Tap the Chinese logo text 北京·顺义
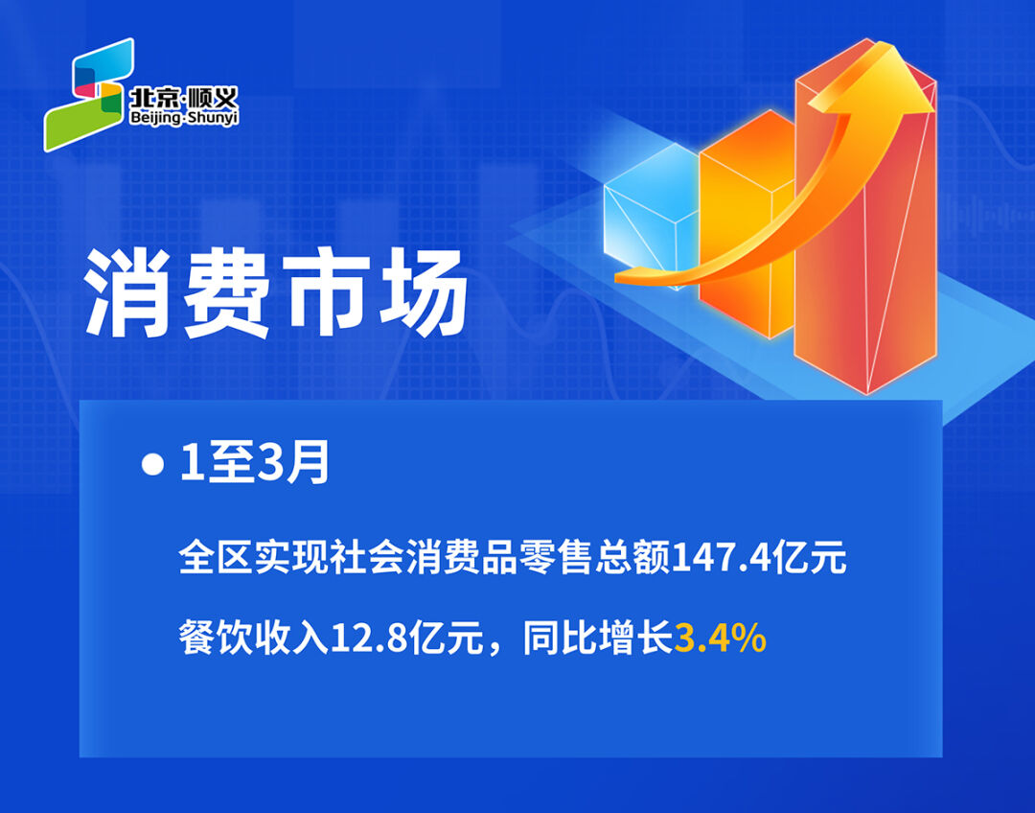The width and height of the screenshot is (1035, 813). (183, 99)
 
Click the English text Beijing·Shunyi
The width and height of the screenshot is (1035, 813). (184, 118)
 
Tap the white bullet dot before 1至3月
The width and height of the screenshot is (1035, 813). (152, 464)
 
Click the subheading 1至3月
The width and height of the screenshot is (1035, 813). (254, 464)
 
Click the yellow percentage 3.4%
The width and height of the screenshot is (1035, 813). (720, 639)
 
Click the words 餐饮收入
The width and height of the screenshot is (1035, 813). (253, 639)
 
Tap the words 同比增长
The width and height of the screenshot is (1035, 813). (597, 639)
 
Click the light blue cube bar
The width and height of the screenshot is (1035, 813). (651, 215)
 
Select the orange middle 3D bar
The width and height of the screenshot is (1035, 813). (746, 224)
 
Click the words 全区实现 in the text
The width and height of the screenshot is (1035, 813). (253, 557)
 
